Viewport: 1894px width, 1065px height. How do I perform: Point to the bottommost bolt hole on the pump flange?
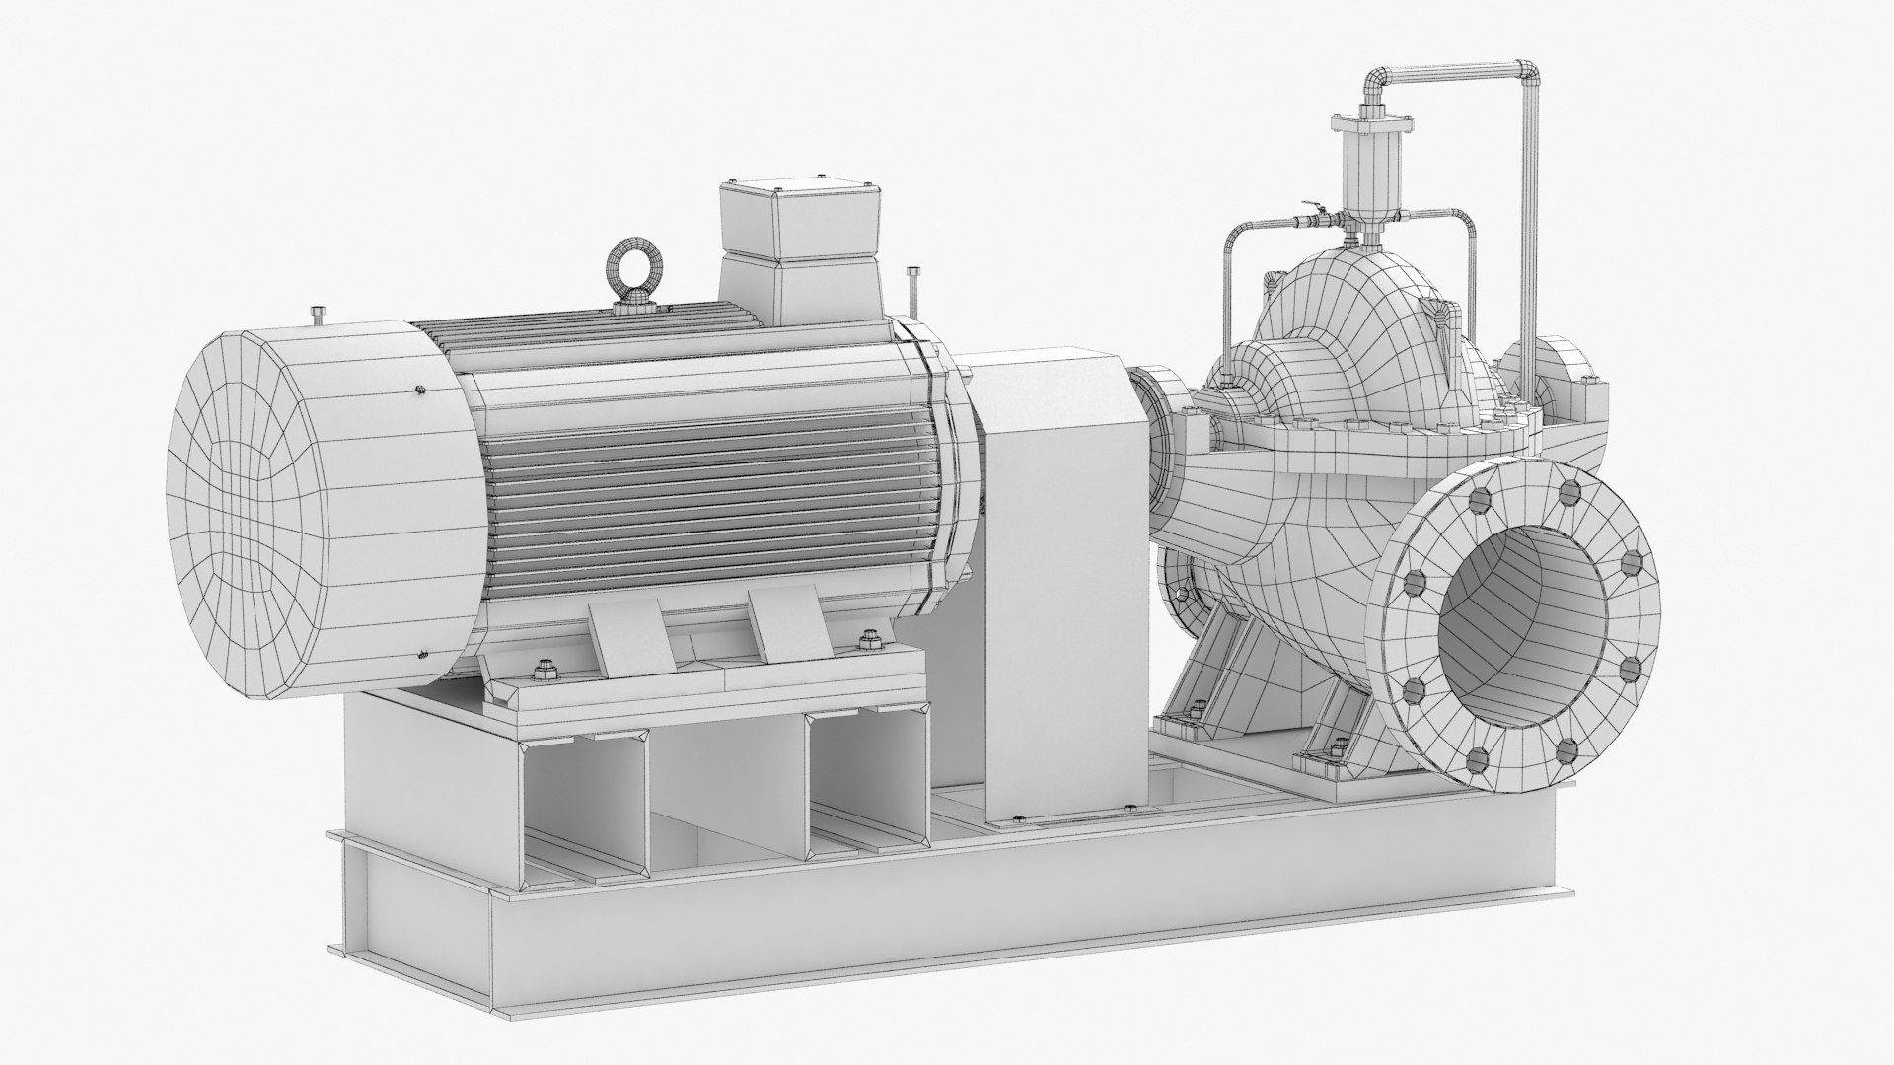click(x=1476, y=758)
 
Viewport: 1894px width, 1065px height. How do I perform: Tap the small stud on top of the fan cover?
click(x=316, y=315)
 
